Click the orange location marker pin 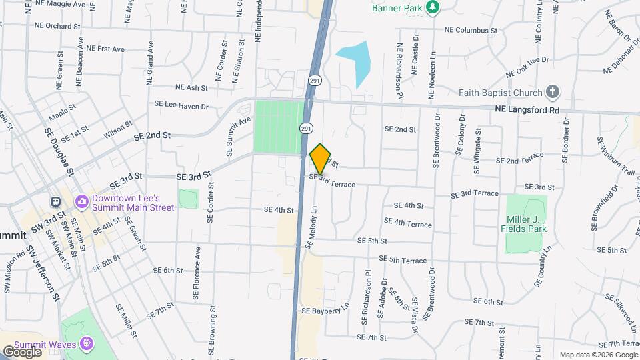(x=321, y=159)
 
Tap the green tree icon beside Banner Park (x=434, y=7)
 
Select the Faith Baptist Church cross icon (x=552, y=92)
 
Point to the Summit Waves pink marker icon (x=86, y=343)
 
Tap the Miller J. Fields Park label (x=523, y=223)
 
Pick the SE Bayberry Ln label (x=325, y=311)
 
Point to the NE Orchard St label (x=58, y=26)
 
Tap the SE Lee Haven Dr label (x=181, y=105)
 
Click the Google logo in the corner (x=22, y=351)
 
